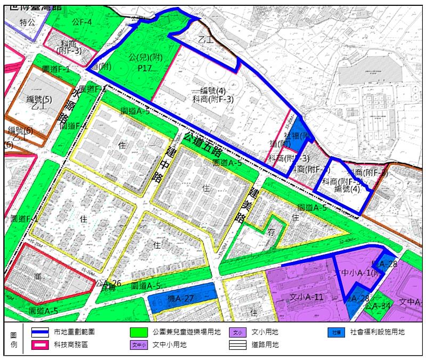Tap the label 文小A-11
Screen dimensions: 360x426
click(x=299, y=296)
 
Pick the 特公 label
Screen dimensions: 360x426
click(x=27, y=22)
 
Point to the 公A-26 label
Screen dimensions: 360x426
click(x=110, y=283)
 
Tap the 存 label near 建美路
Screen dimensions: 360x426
click(x=272, y=233)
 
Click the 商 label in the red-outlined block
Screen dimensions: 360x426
click(x=38, y=277)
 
